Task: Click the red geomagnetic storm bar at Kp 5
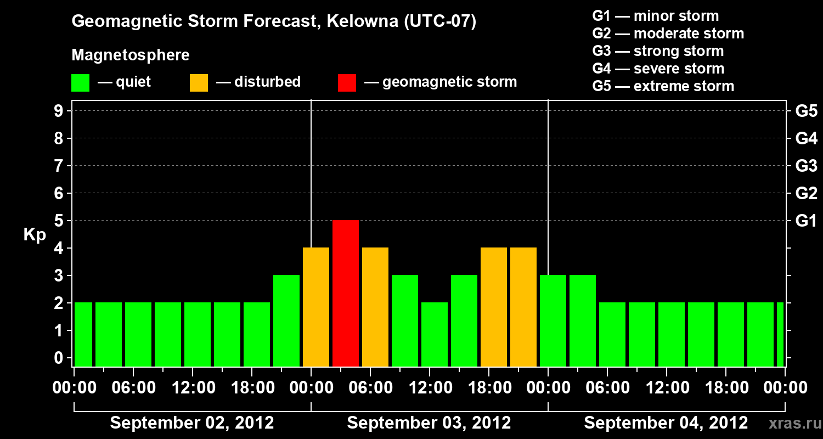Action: pyautogui.click(x=346, y=293)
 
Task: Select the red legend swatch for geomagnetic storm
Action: pyautogui.click(x=347, y=82)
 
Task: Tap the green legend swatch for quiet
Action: pyautogui.click(x=81, y=82)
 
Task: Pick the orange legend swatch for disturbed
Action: pyautogui.click(x=199, y=82)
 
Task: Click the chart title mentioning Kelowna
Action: pyautogui.click(x=274, y=22)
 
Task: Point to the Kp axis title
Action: pyautogui.click(x=35, y=235)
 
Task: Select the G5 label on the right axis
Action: pyautogui.click(x=806, y=111)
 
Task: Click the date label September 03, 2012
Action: pyautogui.click(x=429, y=423)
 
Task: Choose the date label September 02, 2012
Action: pyautogui.click(x=192, y=423)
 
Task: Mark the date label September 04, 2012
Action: pyautogui.click(x=666, y=423)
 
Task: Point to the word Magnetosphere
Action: pyautogui.click(x=131, y=55)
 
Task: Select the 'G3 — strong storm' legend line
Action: pyautogui.click(x=658, y=51)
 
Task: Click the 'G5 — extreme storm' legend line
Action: pyautogui.click(x=663, y=86)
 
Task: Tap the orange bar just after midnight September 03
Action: pyautogui.click(x=316, y=307)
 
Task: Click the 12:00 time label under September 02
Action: pyautogui.click(x=193, y=388)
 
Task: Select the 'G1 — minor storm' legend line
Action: pyautogui.click(x=655, y=16)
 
